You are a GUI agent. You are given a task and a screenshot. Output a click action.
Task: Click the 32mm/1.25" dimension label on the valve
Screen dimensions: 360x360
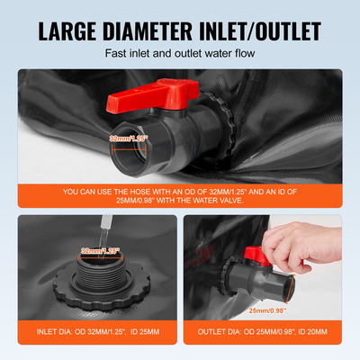coord(127,139)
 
